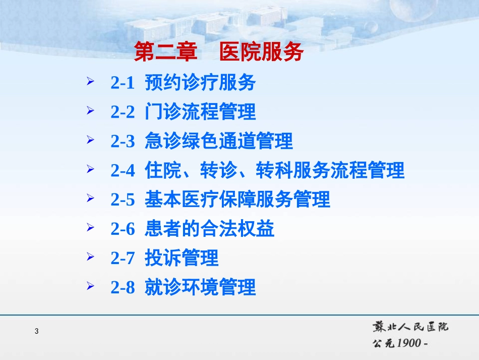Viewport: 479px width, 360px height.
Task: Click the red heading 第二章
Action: (165, 52)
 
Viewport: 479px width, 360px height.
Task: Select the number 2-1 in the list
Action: (123, 83)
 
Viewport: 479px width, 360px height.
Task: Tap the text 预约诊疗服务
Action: (200, 83)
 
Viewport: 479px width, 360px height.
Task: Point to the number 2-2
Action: (123, 112)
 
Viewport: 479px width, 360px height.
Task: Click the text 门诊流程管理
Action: (200, 112)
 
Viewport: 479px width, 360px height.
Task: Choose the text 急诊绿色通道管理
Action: (218, 141)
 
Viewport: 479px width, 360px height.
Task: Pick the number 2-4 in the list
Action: (123, 171)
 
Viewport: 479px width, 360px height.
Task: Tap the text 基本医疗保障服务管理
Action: (237, 200)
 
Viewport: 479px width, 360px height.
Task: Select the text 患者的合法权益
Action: (209, 229)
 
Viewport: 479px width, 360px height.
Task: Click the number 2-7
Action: (123, 259)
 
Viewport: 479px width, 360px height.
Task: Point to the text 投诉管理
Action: (182, 259)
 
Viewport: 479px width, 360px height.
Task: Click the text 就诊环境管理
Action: (200, 288)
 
